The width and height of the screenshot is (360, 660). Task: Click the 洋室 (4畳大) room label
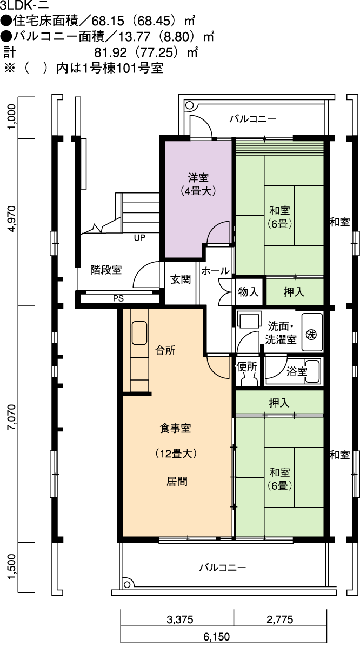[198, 184]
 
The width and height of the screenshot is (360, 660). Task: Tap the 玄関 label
[181, 279]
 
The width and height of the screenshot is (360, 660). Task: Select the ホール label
[215, 271]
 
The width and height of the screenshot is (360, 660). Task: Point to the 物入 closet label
[248, 292]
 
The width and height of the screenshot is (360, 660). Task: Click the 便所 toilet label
[247, 366]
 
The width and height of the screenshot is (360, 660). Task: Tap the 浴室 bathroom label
[297, 371]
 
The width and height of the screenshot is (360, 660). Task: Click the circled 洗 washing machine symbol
[311, 335]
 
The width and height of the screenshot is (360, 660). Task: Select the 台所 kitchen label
[165, 350]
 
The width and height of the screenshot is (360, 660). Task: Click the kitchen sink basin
[139, 333]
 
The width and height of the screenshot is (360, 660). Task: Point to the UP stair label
[139, 237]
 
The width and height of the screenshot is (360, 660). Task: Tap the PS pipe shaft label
[118, 298]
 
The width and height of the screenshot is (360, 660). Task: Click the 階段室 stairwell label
[106, 270]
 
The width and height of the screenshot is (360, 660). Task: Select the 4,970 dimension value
[11, 219]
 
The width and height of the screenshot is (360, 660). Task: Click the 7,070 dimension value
[11, 417]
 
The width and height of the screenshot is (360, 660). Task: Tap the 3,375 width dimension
[180, 619]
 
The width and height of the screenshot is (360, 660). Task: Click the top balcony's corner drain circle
[189, 105]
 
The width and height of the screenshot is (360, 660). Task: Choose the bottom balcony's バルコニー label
[223, 568]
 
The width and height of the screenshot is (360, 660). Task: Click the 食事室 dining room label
[175, 428]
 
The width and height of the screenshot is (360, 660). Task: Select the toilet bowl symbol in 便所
[248, 380]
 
